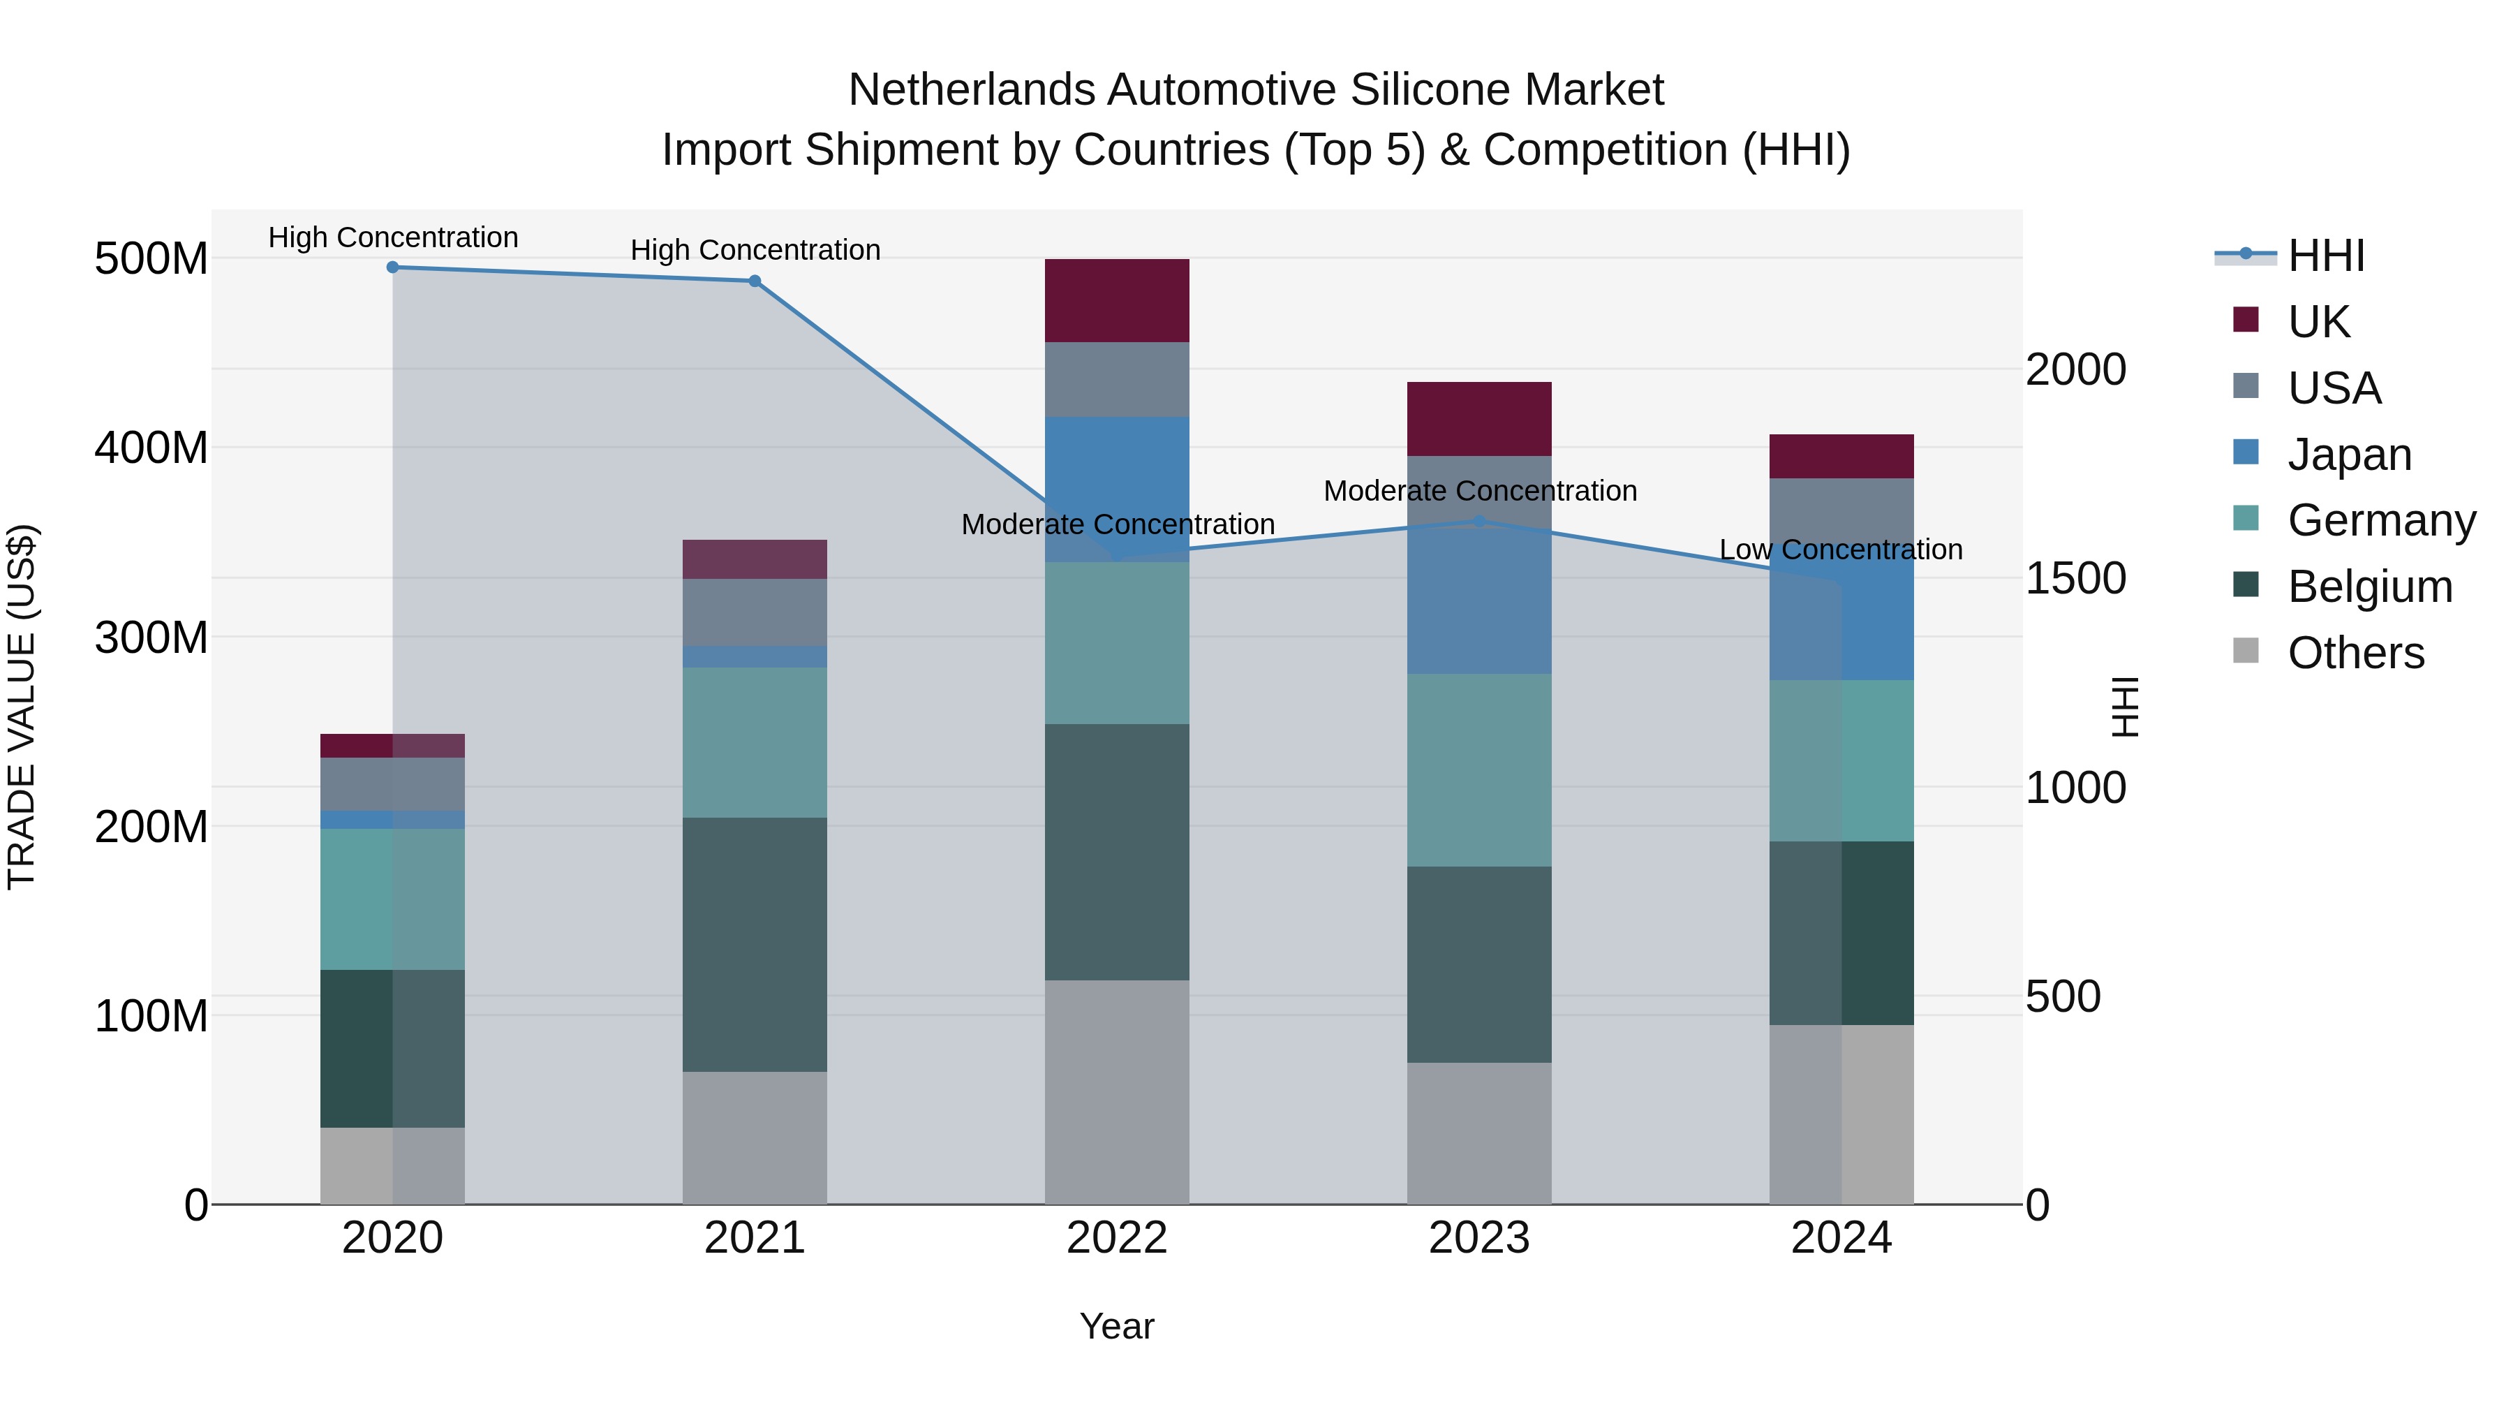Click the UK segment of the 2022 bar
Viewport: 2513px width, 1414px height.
[1117, 300]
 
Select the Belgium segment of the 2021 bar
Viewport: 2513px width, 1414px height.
[754, 945]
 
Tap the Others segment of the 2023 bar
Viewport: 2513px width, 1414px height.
[1479, 1133]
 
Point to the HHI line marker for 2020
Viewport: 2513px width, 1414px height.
[392, 267]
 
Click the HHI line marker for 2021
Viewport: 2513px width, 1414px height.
[754, 281]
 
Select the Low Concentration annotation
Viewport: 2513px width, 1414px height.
[1840, 550]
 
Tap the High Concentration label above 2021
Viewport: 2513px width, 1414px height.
[755, 250]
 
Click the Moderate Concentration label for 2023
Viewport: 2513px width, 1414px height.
[1480, 491]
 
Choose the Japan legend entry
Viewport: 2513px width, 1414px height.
[2348, 455]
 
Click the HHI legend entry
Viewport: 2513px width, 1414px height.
[2326, 256]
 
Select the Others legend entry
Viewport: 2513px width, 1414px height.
[2355, 653]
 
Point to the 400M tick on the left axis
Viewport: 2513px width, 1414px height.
[151, 448]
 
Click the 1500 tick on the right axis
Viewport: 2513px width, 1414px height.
[2075, 579]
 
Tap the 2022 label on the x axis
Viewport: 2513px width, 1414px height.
[1117, 1238]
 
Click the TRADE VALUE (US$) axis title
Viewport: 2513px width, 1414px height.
[22, 707]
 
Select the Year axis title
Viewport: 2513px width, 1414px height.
[1117, 1326]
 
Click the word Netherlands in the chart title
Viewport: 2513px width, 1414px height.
[971, 90]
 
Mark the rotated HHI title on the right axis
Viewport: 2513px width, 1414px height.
[2125, 707]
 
